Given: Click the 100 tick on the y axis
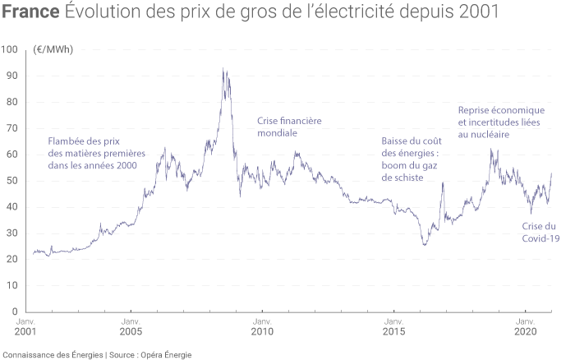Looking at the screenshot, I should (x=10, y=49).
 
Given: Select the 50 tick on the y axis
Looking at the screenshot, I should (x=12, y=181).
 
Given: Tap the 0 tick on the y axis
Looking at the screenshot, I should (x=15, y=312).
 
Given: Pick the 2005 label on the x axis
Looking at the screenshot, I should (x=130, y=332).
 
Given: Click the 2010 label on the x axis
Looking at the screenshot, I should (x=262, y=332).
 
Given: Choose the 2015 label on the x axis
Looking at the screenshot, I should (x=394, y=332).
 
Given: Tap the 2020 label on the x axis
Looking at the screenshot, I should (x=526, y=332).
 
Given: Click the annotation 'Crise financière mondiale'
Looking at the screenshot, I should (x=289, y=127).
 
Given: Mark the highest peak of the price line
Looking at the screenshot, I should (x=223, y=69).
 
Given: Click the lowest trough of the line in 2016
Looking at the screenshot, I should (x=425, y=245).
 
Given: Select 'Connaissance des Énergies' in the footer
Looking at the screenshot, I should (x=53, y=354).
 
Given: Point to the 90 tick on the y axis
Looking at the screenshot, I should (x=12, y=76).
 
